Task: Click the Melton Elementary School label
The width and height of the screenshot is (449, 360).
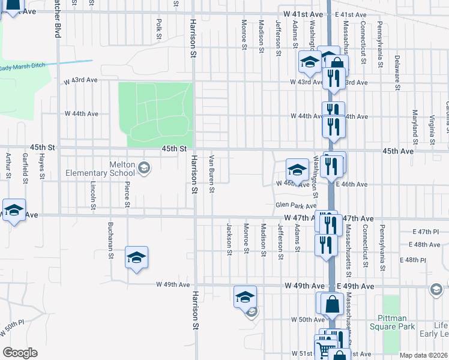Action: click(114, 169)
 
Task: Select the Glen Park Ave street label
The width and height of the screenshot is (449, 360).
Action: click(295, 205)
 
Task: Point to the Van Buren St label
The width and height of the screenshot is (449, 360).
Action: click(211, 175)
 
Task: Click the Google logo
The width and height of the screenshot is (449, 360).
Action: click(20, 353)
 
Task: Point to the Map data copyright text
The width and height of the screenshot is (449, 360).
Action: click(424, 355)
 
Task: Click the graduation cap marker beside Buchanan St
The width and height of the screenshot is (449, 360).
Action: click(137, 257)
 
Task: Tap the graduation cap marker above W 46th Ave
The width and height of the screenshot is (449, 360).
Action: click(297, 169)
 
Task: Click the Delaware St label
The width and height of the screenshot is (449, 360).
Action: click(397, 72)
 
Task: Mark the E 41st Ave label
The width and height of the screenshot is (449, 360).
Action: click(351, 14)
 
